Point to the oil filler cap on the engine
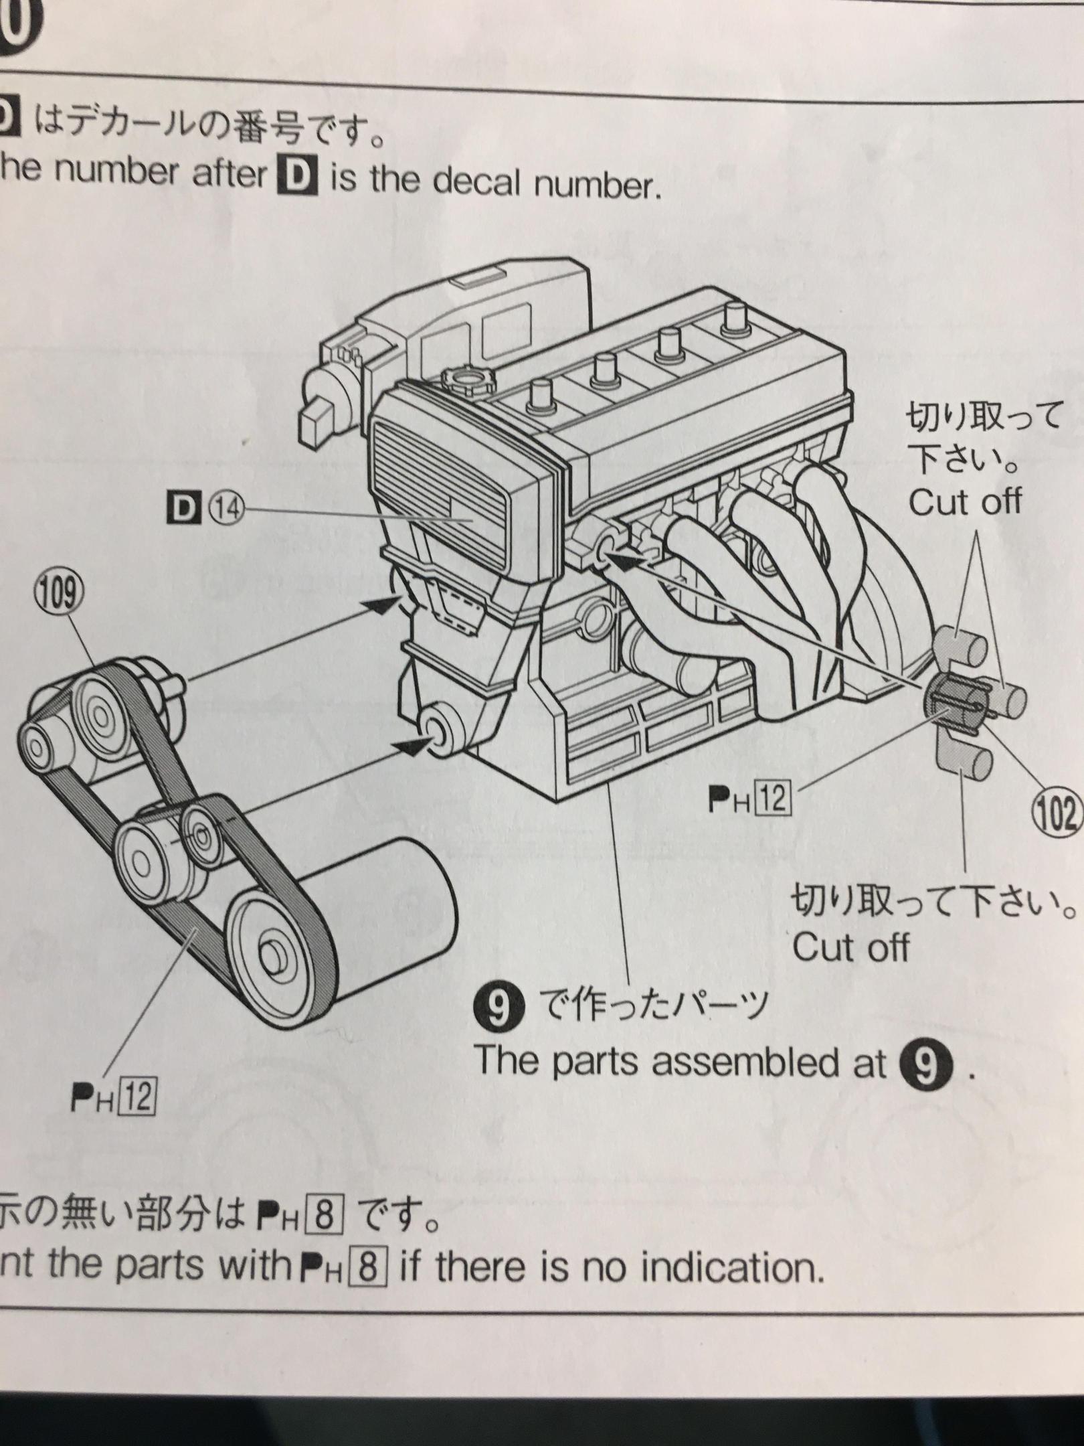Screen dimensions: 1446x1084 pyautogui.click(x=467, y=384)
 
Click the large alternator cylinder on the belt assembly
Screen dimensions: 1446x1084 pyautogui.click(x=375, y=897)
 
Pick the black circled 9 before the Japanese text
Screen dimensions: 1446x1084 pyautogui.click(x=494, y=1008)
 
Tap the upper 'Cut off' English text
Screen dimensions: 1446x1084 pyautogui.click(x=965, y=502)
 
